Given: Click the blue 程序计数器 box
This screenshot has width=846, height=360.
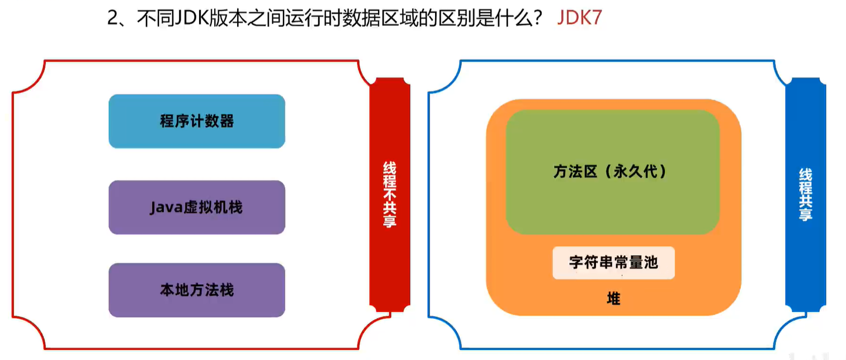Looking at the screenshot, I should tap(197, 121).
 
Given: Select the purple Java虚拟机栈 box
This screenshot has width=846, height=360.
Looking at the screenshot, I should tap(197, 207).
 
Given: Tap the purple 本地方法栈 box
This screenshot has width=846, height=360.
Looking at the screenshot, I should tap(197, 290).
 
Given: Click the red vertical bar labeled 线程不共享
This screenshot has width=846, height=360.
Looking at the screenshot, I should tap(390, 193).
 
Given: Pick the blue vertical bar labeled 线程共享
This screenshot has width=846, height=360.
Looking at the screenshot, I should tap(805, 193).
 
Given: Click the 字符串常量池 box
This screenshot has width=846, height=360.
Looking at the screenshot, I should tap(613, 263).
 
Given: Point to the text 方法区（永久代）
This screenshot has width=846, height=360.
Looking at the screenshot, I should tap(612, 172).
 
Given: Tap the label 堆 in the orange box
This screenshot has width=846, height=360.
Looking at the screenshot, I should tap(613, 299).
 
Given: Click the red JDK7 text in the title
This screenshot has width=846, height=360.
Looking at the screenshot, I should tap(579, 18).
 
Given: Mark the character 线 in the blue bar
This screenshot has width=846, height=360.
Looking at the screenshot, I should tap(805, 174).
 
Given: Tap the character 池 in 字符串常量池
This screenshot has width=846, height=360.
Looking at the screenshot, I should tap(650, 263).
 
